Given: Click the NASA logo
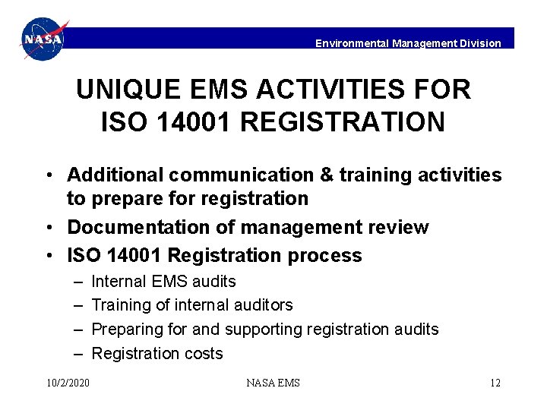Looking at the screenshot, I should tap(43, 39).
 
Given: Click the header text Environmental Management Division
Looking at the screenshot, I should tap(408, 43).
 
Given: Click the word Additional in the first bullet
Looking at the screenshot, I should tap(115, 175).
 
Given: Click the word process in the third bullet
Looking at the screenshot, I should tap(324, 255).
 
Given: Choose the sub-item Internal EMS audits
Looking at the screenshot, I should tap(163, 281).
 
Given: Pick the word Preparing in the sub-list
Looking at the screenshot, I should tap(124, 330).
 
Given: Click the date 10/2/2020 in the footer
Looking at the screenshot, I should tap(68, 383).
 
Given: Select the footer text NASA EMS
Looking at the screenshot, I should tap(273, 383).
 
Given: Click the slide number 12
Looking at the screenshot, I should tap(495, 383).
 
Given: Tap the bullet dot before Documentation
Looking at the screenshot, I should tap(48, 227).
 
